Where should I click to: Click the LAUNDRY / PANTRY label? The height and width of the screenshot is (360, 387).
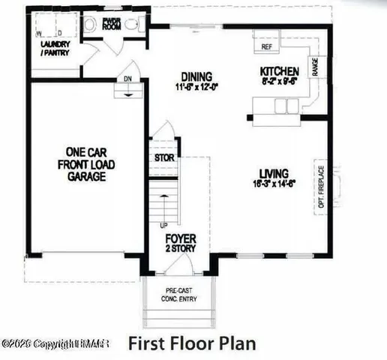point(54,49)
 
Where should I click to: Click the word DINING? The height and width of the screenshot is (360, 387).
point(196,76)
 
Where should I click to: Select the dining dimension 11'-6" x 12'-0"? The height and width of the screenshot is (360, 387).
point(196,86)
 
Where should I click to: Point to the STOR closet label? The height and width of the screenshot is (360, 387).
point(163,159)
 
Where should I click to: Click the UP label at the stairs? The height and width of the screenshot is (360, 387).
point(163,224)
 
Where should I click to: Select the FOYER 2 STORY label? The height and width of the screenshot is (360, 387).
point(181,242)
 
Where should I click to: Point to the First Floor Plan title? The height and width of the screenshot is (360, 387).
point(192,344)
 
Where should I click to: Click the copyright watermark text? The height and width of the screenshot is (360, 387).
point(56,343)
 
